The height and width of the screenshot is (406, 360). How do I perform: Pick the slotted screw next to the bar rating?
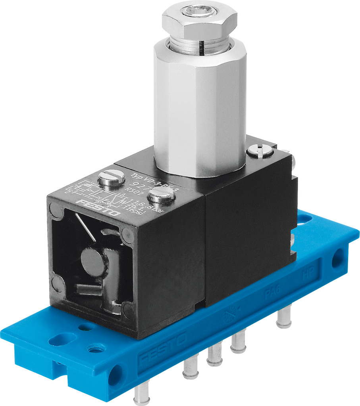coord(161,195)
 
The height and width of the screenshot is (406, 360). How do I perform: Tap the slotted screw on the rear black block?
coord(260,150)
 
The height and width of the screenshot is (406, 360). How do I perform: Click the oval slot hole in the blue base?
coord(63,339)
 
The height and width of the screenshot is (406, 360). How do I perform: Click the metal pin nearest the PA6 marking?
coord(284,317)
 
